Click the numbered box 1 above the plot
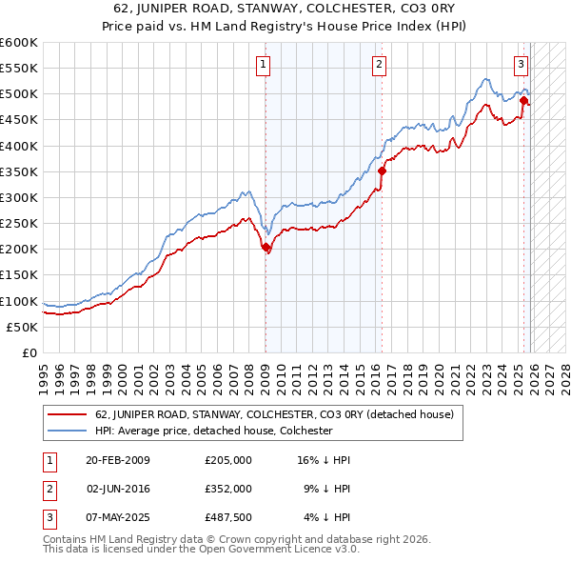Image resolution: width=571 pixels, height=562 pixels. tap(262, 65)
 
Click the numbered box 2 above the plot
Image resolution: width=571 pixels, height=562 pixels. tap(379, 65)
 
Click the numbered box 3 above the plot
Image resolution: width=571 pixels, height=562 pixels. tap(522, 65)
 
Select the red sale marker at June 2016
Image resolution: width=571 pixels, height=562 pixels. tap(382, 171)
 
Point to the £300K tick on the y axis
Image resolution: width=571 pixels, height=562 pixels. tap(19, 197)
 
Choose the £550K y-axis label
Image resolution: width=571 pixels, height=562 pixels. tap(19, 69)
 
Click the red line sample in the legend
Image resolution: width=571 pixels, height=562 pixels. tap(67, 415)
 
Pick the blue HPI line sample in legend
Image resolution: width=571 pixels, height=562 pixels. tap(67, 431)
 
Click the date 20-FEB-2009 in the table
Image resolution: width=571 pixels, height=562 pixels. tap(117, 460)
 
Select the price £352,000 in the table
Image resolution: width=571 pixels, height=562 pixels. tap(228, 488)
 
